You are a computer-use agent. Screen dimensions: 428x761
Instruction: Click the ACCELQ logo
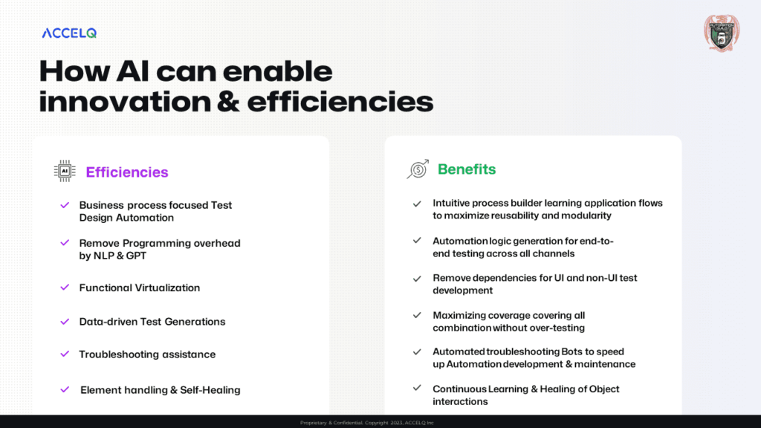[69, 33]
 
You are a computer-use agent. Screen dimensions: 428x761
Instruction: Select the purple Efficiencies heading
[127, 172]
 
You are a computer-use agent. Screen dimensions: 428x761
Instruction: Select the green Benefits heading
[467, 169]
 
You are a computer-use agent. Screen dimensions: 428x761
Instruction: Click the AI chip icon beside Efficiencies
[65, 171]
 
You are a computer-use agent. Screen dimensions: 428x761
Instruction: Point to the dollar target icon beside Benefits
[418, 169]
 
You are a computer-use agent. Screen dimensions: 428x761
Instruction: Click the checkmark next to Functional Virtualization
[65, 287]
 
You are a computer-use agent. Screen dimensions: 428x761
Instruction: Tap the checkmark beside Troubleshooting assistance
[65, 354]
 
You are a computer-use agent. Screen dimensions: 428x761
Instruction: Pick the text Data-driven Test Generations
[152, 322]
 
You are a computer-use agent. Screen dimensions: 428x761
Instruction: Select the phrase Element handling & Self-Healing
[161, 390]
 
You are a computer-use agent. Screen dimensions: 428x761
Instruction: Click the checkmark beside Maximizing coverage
[418, 315]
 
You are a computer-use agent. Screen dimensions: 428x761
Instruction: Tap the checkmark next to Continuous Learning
[418, 389]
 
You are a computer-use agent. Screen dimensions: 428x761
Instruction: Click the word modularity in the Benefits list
[585, 215]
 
